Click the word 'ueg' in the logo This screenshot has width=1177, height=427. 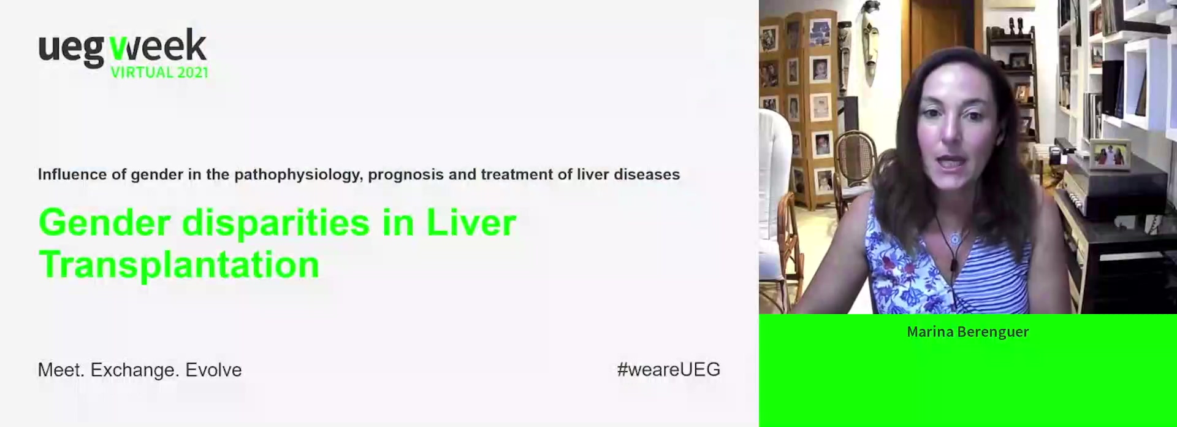pos(70,49)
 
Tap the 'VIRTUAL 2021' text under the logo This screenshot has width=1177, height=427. pos(159,72)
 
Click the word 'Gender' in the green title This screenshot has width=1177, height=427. pos(105,223)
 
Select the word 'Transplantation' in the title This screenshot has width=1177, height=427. pos(179,264)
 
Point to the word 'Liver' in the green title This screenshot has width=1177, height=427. pos(471,222)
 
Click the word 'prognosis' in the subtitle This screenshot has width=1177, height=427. pos(406,175)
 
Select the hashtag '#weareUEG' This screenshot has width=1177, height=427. pos(669,369)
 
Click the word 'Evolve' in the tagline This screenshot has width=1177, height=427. pos(213,370)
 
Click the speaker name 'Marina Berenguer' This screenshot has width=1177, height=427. pos(967,332)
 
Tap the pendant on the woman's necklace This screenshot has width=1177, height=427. pos(954,238)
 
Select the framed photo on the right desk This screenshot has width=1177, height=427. pos(1110,155)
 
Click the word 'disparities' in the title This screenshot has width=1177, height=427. pos(276,223)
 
